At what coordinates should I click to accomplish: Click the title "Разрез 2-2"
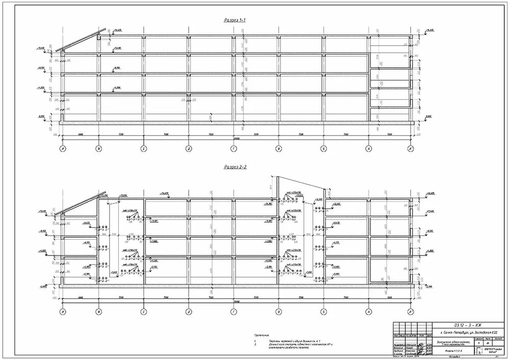click(235, 167)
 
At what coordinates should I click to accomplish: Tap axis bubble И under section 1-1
click(62, 149)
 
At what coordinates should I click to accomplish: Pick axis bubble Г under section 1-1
click(234, 149)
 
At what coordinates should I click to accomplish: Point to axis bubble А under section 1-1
click(368, 149)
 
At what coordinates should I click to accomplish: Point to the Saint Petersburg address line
click(457, 332)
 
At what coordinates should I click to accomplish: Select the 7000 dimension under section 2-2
click(389, 297)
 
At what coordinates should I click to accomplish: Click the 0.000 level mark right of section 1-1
click(428, 117)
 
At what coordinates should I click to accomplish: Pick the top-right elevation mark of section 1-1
click(429, 30)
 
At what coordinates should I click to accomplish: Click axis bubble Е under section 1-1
click(144, 149)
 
